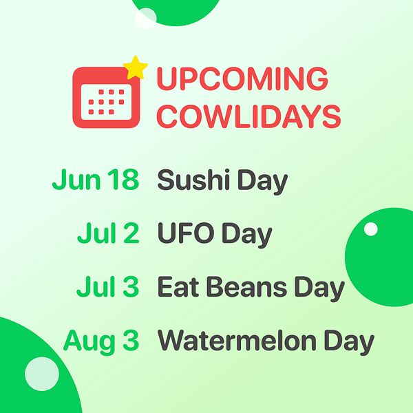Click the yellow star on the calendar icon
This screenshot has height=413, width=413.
pos(136,67)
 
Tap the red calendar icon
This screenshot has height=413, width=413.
pos(106,98)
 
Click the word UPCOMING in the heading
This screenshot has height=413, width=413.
pos(242,78)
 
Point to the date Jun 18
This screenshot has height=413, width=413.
pos(96,180)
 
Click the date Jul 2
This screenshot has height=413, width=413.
pos(108,233)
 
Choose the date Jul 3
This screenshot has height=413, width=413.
pos(108,286)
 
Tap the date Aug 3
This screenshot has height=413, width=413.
pos(101,341)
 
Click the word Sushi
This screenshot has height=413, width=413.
pos(193,180)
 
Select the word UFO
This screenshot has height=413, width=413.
pos(185,233)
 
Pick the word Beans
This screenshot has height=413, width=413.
pos(246,286)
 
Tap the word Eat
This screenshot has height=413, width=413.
pos(178,286)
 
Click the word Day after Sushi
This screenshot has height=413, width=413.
pos(262,182)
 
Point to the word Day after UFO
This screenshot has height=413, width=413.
pos(246,235)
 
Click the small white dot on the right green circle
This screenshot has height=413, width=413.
pos(370,229)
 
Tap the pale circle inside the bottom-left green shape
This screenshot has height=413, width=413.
pos(42,374)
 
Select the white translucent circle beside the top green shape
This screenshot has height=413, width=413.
pos(146,18)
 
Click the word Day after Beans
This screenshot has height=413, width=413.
pos(319,288)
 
